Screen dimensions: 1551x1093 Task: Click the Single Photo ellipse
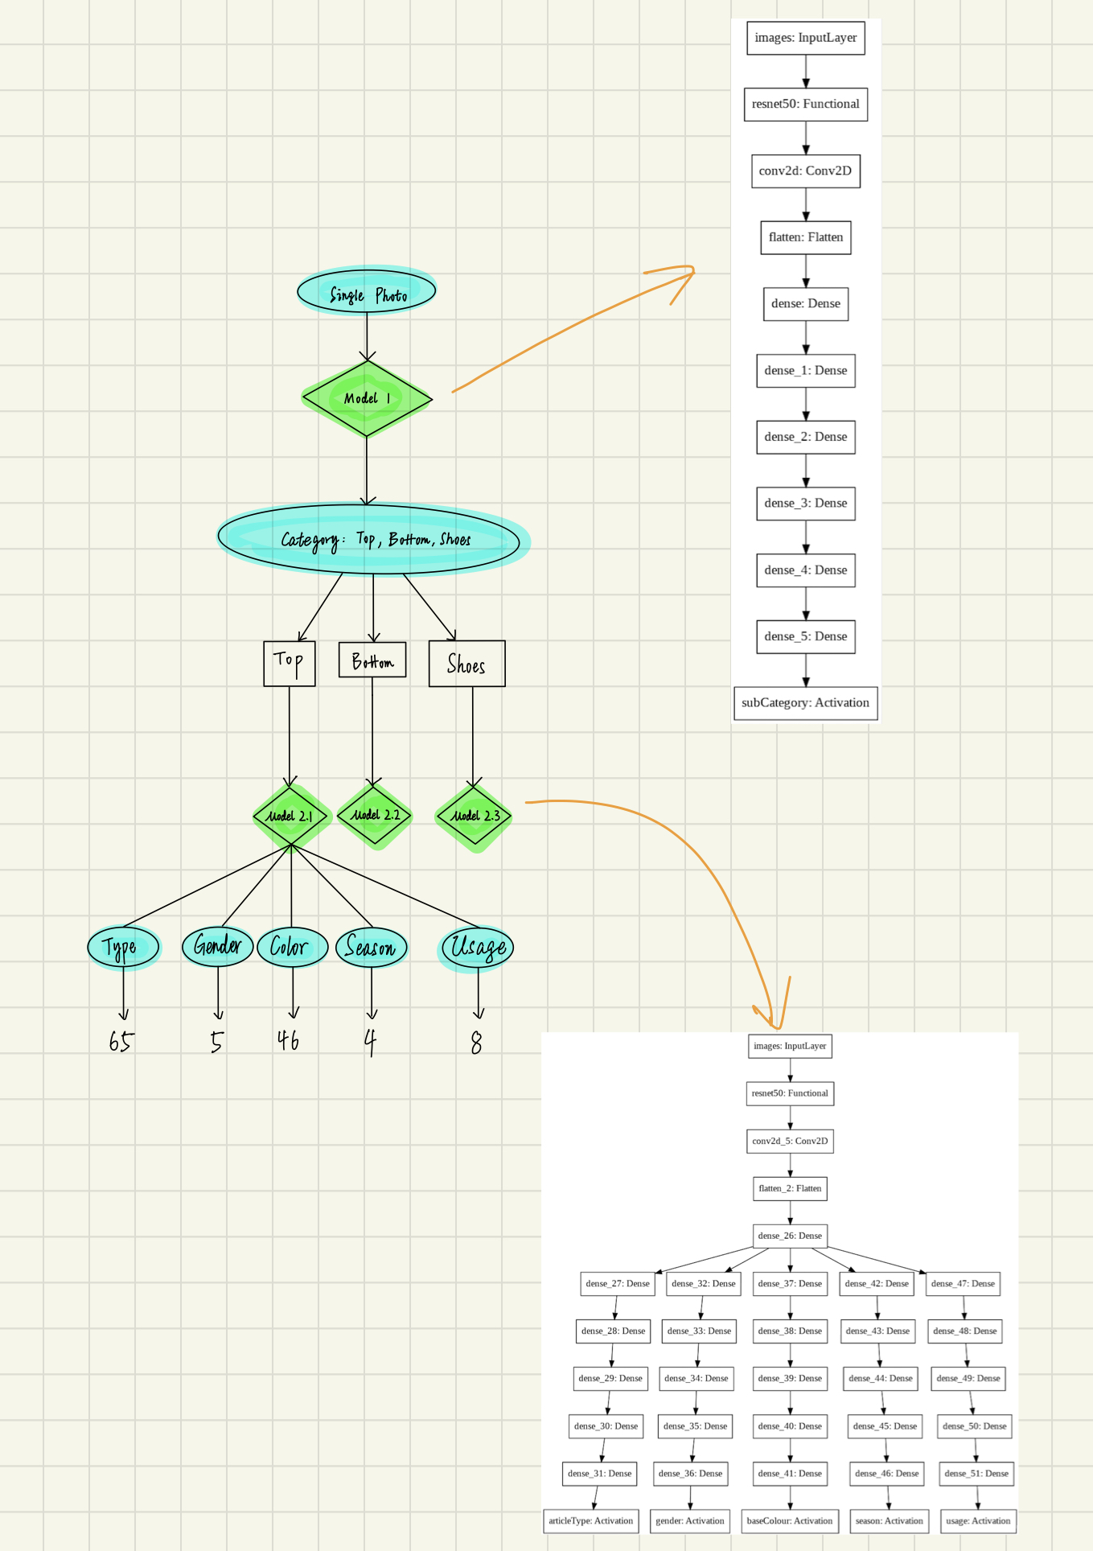(x=367, y=292)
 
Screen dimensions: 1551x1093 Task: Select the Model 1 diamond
(x=367, y=398)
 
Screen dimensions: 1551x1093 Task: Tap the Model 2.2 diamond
(x=374, y=815)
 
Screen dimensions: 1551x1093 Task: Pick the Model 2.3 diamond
(x=475, y=816)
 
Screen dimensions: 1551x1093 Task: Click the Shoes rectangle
(x=466, y=664)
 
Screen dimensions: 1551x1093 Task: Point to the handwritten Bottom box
(x=372, y=660)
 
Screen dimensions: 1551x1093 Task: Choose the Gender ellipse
(x=217, y=946)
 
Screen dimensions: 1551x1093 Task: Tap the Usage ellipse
(x=478, y=947)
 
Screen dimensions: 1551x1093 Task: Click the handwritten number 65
(x=121, y=1042)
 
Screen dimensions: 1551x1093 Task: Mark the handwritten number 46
(x=288, y=1040)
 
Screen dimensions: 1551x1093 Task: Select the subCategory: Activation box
(x=805, y=702)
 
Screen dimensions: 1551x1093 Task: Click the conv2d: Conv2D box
(x=805, y=171)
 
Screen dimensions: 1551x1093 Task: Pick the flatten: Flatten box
(x=805, y=237)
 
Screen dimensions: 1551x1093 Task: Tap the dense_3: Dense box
(x=805, y=504)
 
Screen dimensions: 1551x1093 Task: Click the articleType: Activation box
(x=590, y=1520)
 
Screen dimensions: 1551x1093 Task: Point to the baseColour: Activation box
(x=790, y=1520)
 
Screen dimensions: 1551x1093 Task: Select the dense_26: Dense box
(x=790, y=1236)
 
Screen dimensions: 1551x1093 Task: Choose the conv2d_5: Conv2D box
(x=790, y=1141)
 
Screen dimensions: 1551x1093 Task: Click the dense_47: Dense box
(x=963, y=1283)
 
